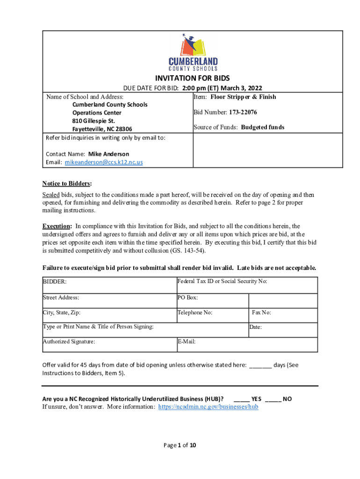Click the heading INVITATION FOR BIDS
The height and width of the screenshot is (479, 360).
(x=192, y=78)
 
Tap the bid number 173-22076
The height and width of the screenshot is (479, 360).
(x=243, y=112)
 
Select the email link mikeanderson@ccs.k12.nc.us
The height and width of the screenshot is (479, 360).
(x=104, y=162)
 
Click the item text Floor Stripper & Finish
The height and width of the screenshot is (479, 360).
(x=243, y=97)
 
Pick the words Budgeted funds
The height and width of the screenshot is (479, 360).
(x=262, y=127)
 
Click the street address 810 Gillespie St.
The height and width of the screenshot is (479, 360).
(x=94, y=121)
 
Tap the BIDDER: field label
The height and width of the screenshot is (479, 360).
(x=55, y=282)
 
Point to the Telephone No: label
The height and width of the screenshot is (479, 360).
(x=195, y=312)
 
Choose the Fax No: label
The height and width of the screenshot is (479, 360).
(x=261, y=312)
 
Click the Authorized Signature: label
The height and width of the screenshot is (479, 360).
(x=69, y=341)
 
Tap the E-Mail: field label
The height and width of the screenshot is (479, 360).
(x=187, y=341)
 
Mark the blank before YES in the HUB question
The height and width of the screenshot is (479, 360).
(x=241, y=399)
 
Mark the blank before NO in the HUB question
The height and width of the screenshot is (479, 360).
(x=273, y=399)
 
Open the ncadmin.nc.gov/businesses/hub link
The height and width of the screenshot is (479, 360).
(x=208, y=407)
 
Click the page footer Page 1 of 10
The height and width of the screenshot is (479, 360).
(x=180, y=445)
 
